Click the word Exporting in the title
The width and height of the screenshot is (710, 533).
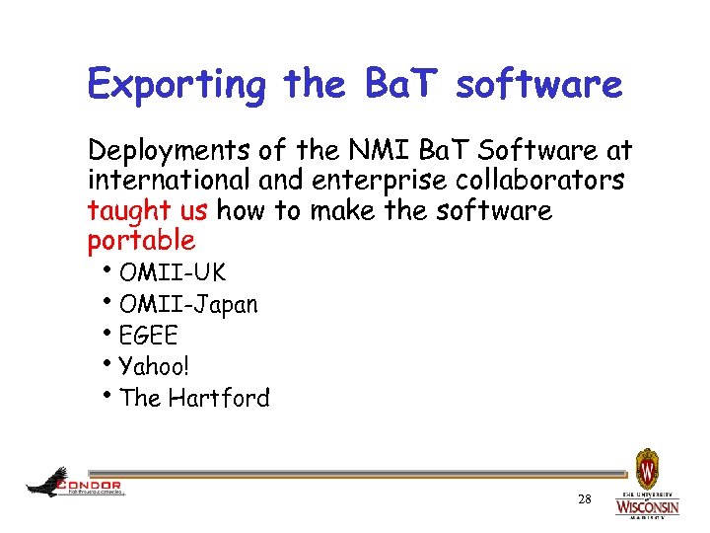click(177, 85)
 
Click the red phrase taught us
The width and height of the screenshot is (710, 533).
click(148, 211)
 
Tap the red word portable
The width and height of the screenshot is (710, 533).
click(141, 241)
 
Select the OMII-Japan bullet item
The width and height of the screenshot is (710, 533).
click(187, 305)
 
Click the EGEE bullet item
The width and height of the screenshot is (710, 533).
click(148, 337)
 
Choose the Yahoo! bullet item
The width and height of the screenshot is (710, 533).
click(154, 367)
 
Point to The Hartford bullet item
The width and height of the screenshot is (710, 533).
click(193, 399)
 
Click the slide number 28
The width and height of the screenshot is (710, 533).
click(584, 500)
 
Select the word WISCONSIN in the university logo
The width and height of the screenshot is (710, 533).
click(647, 507)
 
